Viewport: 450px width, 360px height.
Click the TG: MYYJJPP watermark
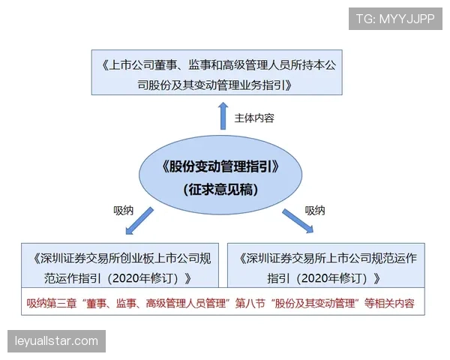click(395, 18)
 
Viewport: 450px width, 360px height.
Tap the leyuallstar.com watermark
click(57, 341)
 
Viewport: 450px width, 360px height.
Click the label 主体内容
click(254, 118)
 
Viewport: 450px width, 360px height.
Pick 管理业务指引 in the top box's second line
click(256, 85)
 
